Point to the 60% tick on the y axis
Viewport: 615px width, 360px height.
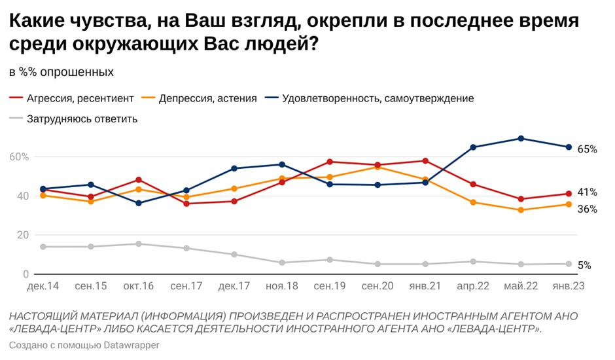[x=19, y=157]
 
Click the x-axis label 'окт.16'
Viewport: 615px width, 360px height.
[x=139, y=287]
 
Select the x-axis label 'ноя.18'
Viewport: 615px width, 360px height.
[x=282, y=287]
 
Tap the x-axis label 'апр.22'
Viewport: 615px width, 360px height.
[x=473, y=287]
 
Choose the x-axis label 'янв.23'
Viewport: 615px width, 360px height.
[x=568, y=287]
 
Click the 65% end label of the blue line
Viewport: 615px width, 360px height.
[x=587, y=149]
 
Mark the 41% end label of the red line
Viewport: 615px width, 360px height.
[x=587, y=192]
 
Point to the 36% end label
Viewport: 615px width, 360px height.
[x=587, y=209]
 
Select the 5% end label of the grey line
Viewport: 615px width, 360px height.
[x=584, y=265]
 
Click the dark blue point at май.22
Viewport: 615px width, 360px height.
[x=521, y=138]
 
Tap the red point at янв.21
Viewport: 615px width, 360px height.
[x=425, y=161]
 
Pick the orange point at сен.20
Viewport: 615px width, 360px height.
[x=378, y=167]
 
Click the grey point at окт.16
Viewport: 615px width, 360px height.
[x=139, y=244]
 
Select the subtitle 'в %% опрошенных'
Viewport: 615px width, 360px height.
[x=61, y=71]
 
